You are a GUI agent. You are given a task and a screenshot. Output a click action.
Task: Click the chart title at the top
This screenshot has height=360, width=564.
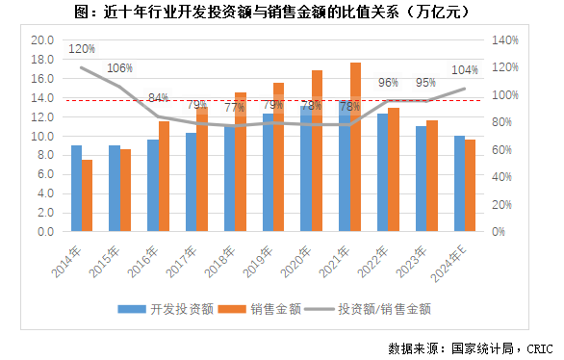(x=281, y=12)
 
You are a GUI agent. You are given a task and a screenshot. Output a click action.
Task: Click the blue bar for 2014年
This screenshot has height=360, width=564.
(x=76, y=189)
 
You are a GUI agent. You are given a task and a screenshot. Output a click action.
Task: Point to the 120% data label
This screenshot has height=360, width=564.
(x=82, y=48)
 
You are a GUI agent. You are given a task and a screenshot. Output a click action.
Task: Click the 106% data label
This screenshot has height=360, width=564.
(x=120, y=68)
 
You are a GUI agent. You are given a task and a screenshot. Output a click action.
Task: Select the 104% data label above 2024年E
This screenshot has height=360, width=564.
(x=464, y=70)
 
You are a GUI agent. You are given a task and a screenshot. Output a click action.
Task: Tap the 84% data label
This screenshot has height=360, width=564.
(x=159, y=98)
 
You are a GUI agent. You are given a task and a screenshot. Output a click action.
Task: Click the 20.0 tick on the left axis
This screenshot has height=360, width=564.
(x=41, y=40)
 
